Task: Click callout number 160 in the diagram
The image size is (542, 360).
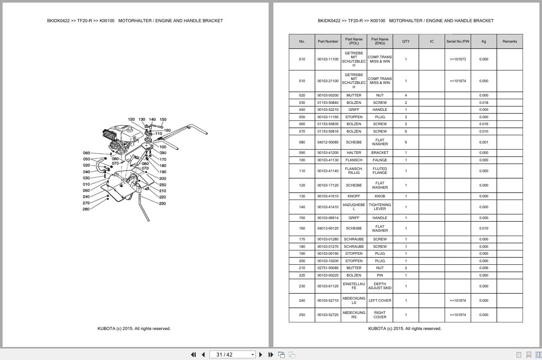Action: pyautogui.click(x=167, y=130)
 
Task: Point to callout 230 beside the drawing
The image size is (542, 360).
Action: pyautogui.click(x=162, y=203)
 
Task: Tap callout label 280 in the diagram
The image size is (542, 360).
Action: pyautogui.click(x=86, y=209)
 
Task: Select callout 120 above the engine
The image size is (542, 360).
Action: pyautogui.click(x=131, y=120)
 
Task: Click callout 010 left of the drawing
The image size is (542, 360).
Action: pyautogui.click(x=86, y=184)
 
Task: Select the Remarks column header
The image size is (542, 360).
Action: pyautogui.click(x=509, y=41)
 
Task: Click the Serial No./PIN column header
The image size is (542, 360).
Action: pyautogui.click(x=458, y=41)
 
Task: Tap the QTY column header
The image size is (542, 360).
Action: pyautogui.click(x=406, y=41)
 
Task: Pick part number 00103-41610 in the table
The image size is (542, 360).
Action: pyautogui.click(x=328, y=196)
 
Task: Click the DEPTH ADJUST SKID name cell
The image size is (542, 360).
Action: pyautogui.click(x=380, y=286)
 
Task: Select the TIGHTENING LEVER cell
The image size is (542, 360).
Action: pyautogui.click(x=380, y=207)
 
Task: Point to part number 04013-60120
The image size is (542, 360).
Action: pyautogui.click(x=328, y=228)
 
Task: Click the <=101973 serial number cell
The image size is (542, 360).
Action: pyautogui.click(x=458, y=59)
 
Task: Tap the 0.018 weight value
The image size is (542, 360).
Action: pyautogui.click(x=484, y=103)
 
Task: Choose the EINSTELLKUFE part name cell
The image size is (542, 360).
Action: pyautogui.click(x=354, y=286)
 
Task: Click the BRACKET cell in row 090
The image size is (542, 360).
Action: pyautogui.click(x=380, y=153)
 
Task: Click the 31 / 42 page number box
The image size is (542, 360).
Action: pyautogui.click(x=233, y=354)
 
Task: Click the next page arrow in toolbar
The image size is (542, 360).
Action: pyautogui.click(x=261, y=354)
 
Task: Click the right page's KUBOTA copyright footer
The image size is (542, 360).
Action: pyautogui.click(x=405, y=329)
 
